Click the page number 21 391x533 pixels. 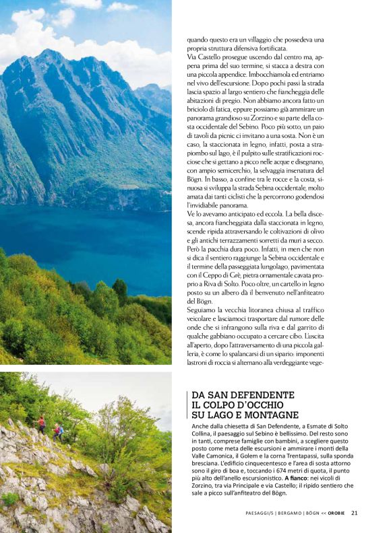coord(355,513)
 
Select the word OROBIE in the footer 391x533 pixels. coord(336,513)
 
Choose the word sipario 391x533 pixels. coord(278,353)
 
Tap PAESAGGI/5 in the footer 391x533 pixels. coord(259,513)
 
